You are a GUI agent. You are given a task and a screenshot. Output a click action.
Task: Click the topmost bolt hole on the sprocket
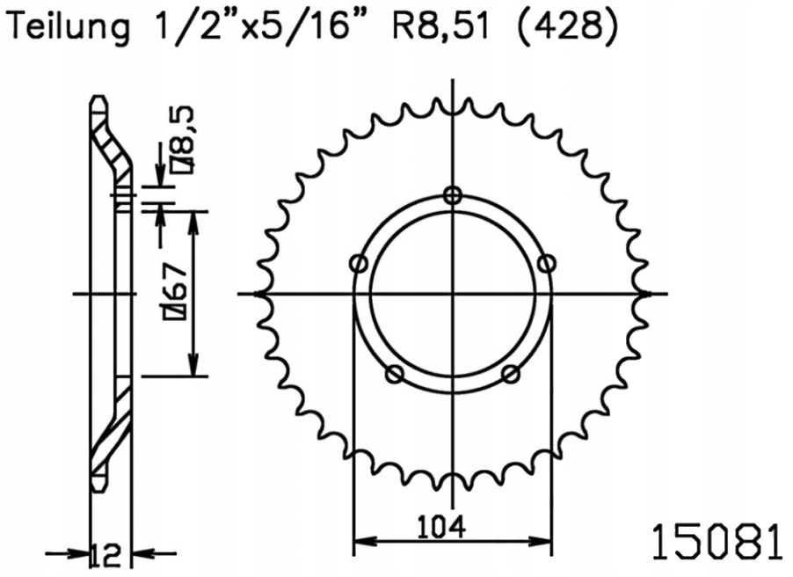[453, 195]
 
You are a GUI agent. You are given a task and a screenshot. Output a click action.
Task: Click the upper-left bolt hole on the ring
[358, 263]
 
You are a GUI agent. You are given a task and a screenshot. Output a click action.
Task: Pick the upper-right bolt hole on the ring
[547, 263]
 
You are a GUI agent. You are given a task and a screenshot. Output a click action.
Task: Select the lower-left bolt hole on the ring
[395, 375]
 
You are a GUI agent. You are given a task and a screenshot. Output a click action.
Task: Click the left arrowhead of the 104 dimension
[360, 539]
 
